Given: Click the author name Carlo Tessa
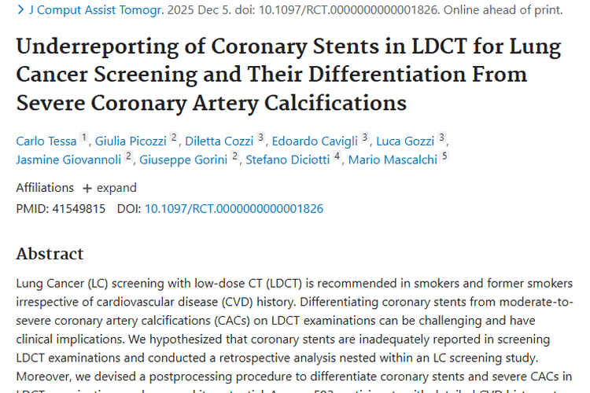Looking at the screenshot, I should (46, 141).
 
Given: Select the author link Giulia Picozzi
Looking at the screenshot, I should (131, 141).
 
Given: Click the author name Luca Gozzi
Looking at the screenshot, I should (405, 141).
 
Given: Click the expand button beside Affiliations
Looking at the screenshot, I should (109, 188).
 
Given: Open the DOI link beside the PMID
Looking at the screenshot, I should (234, 209).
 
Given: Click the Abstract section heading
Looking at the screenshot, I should (50, 254).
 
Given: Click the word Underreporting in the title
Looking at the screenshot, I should (83, 47).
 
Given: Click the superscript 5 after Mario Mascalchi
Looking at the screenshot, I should (444, 156).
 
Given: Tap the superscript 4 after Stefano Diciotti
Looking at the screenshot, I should (337, 156).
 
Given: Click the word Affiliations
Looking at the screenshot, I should (45, 188).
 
